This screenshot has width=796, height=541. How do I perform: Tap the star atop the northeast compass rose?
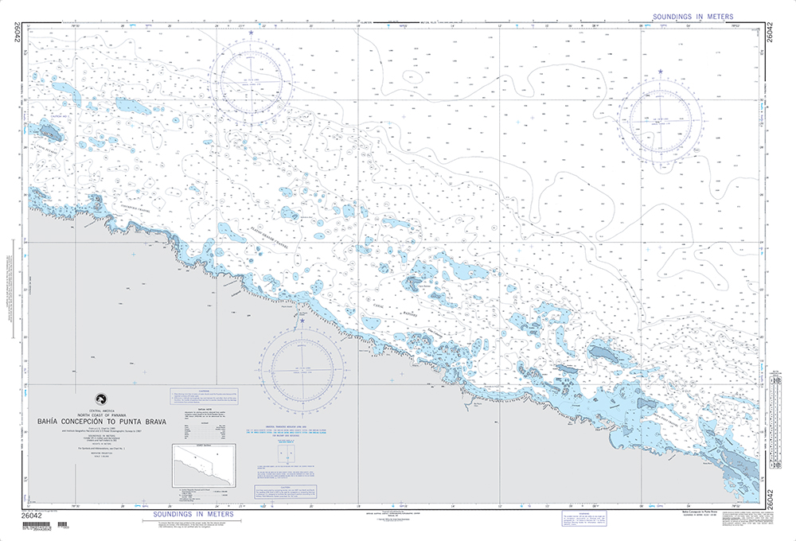tap(661, 73)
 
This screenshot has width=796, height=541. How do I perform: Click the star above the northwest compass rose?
tap(252, 33)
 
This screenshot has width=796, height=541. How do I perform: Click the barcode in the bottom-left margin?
tap(40, 526)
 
